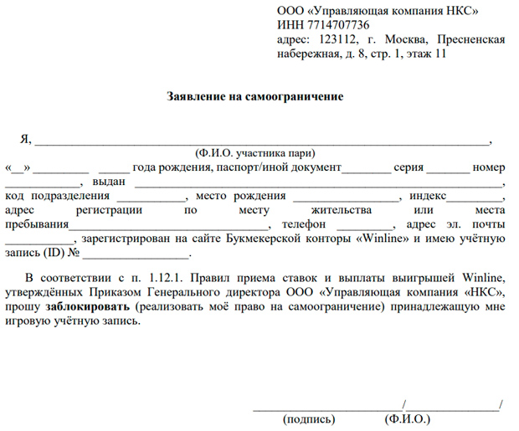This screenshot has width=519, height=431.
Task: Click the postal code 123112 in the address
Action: tap(330, 40)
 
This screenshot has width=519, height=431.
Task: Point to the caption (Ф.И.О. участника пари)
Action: tap(254, 154)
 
